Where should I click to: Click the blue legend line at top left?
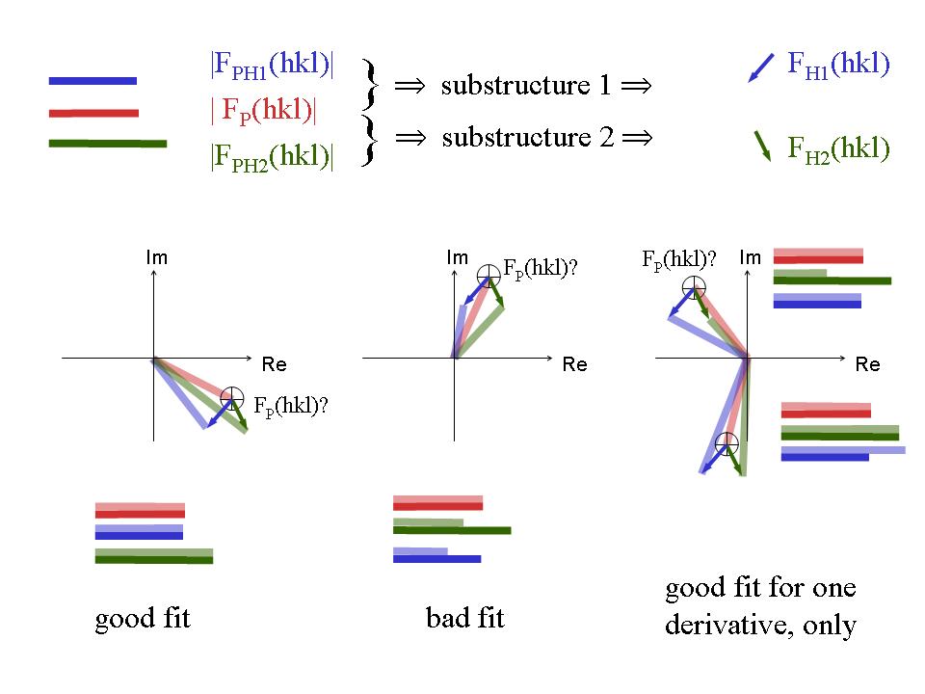pos(92,81)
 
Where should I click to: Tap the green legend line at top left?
pos(107,144)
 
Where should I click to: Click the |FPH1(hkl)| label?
pos(272,67)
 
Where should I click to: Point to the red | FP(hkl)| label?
pos(263,111)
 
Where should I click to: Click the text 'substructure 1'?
pos(526,86)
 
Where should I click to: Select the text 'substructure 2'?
pos(527,137)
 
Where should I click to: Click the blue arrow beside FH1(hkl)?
pos(760,68)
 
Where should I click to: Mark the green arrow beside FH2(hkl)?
pos(762,145)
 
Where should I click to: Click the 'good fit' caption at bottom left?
pos(143,618)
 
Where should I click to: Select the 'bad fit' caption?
pos(465,618)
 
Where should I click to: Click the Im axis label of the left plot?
pos(156,258)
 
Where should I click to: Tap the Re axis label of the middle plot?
pos(574,365)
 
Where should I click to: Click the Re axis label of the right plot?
pos(867,365)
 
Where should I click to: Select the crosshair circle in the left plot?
pos(231,396)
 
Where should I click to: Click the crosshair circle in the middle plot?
pos(489,273)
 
